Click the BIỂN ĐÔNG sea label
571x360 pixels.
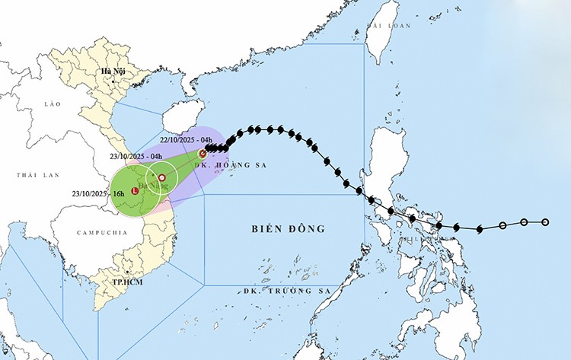click(288, 228)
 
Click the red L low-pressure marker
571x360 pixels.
click(135, 191)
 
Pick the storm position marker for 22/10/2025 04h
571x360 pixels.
click(203, 154)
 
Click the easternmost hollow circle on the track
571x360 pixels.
click(545, 222)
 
